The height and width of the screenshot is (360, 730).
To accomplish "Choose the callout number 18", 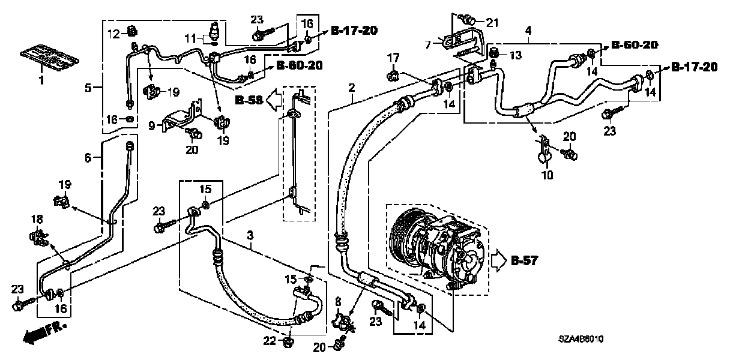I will click(35, 220).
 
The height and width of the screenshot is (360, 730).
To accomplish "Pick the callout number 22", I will click(271, 341).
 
